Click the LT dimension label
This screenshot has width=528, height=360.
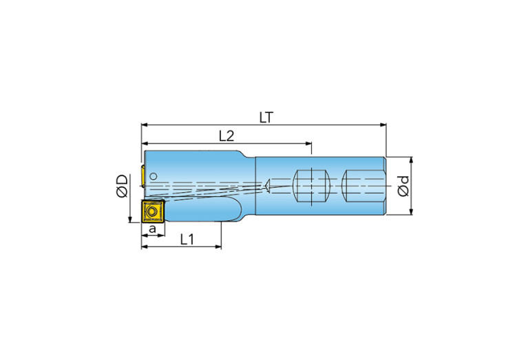(x=266, y=118)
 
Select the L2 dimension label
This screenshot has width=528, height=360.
(x=226, y=136)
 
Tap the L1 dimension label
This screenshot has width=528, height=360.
(x=187, y=240)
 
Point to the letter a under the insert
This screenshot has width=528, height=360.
(x=153, y=229)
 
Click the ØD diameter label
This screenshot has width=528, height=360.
(x=122, y=186)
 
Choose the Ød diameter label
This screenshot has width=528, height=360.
(x=403, y=186)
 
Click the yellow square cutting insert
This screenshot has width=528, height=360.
(x=153, y=211)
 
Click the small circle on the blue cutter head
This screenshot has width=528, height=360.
(x=154, y=176)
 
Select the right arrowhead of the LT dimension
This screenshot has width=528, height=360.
(x=383, y=125)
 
